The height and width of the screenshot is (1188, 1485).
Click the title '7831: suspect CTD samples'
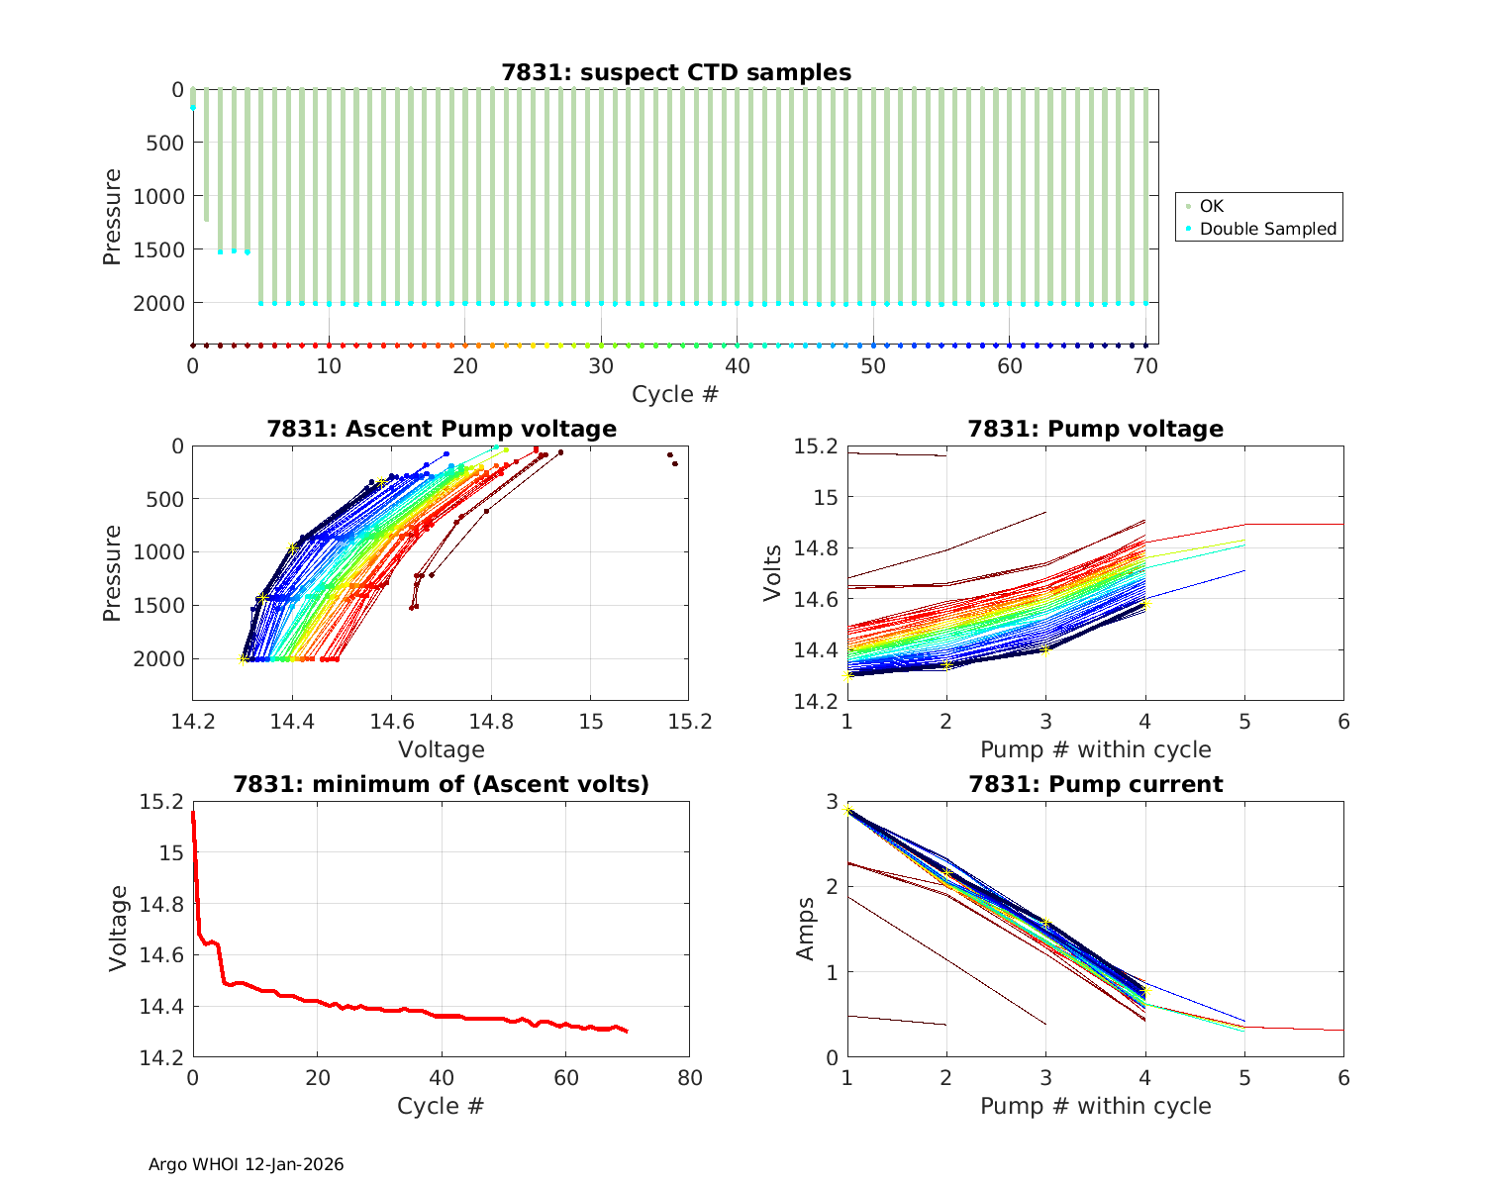[x=676, y=72]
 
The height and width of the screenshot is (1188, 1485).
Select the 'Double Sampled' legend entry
[x=1267, y=229]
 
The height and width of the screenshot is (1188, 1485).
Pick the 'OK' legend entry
[x=1211, y=206]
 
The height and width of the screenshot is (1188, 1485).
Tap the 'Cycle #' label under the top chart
[x=675, y=394]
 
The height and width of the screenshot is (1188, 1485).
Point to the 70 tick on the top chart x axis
[x=1145, y=366]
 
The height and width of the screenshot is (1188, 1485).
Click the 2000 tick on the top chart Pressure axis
[x=158, y=303]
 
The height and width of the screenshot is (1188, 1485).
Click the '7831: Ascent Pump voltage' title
[x=442, y=429]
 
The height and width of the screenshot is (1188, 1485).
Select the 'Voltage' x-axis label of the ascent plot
[x=442, y=749]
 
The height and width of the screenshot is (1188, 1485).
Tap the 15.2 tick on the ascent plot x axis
[x=690, y=722]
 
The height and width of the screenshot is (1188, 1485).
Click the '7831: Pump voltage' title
[x=1096, y=429]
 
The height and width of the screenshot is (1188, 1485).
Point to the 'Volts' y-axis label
[x=773, y=573]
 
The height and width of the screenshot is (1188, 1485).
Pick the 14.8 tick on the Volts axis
[x=814, y=548]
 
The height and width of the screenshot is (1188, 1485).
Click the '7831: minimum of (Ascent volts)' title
[x=442, y=784]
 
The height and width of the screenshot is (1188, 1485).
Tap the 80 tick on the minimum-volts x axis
[x=690, y=1078]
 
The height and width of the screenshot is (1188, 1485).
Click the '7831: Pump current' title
[x=1096, y=784]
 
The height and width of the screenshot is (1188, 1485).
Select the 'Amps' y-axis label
[x=806, y=929]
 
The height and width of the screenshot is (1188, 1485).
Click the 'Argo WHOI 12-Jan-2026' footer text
[x=247, y=1164]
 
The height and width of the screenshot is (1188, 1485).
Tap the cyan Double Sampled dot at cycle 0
[x=193, y=107]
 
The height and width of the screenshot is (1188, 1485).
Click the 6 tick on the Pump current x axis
[x=1343, y=1078]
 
